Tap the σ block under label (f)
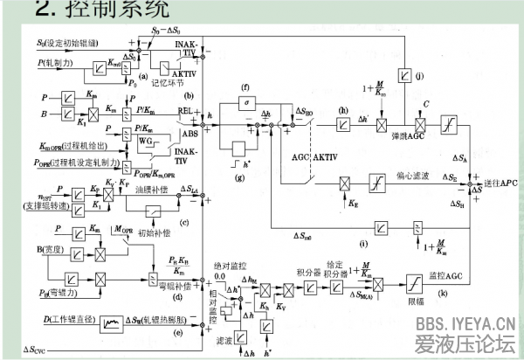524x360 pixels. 245,103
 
